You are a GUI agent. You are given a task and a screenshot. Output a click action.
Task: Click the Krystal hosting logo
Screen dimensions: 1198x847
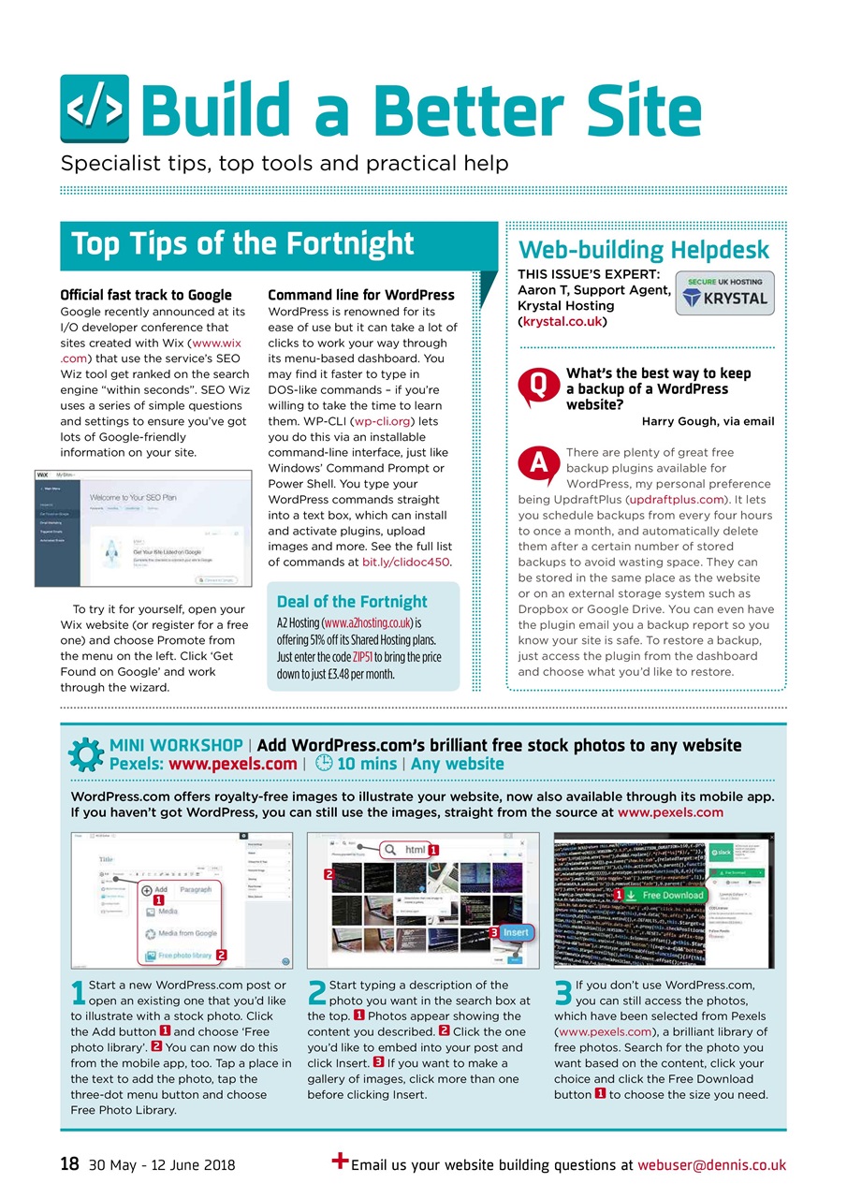(724, 292)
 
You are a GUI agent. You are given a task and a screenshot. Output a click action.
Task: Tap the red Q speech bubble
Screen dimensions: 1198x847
(537, 386)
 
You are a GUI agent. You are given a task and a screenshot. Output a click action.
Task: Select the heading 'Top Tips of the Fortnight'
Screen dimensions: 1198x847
(242, 243)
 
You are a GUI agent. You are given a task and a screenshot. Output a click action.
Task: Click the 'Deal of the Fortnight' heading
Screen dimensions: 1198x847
(352, 601)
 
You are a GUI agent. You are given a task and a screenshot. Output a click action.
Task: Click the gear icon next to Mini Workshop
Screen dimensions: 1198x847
(87, 754)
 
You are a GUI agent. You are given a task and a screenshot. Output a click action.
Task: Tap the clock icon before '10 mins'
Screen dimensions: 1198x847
(320, 763)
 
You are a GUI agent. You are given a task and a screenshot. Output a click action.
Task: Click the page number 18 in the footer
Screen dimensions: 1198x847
(69, 1164)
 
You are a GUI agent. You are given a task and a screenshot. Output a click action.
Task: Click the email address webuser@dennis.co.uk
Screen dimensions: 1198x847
(711, 1165)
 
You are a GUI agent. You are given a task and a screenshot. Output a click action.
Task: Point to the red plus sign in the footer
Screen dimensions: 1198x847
(341, 1161)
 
